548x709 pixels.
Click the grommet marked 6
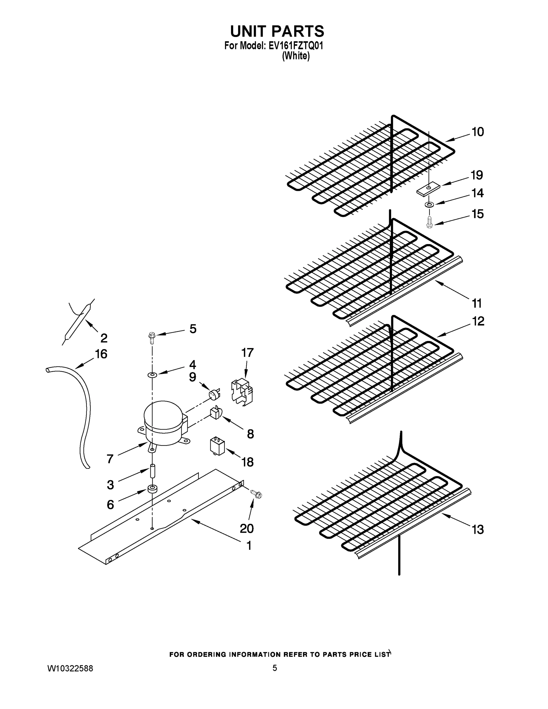coord(152,489)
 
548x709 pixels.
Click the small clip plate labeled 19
coord(427,190)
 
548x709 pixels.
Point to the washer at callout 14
coord(429,204)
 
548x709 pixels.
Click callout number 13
coord(478,529)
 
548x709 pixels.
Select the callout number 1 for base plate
coord(249,546)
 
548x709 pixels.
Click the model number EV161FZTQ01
coord(296,46)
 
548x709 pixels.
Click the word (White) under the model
coord(296,56)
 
